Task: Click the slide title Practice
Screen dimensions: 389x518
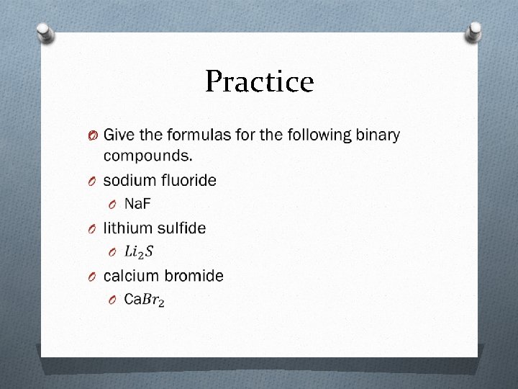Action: click(259, 82)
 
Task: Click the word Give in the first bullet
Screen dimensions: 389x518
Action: click(119, 135)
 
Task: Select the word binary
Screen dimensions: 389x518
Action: click(376, 135)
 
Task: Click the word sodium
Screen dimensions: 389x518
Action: click(129, 180)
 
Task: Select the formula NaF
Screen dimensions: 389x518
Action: click(138, 204)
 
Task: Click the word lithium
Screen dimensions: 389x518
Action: click(125, 228)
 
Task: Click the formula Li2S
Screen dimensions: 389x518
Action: click(139, 252)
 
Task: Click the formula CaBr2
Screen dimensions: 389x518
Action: click(144, 300)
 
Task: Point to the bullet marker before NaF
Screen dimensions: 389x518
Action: click(113, 205)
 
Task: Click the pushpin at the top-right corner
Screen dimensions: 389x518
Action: click(474, 30)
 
